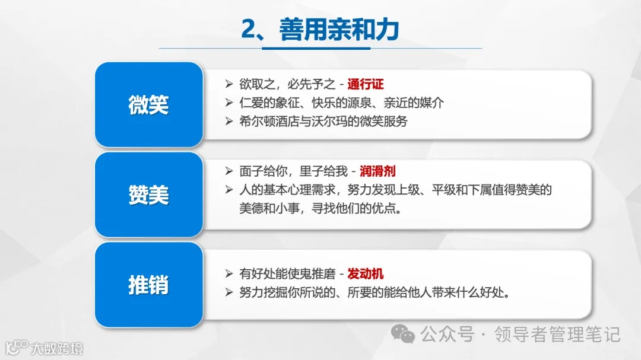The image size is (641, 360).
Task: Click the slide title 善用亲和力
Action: (339, 30)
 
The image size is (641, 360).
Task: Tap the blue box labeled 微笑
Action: (148, 105)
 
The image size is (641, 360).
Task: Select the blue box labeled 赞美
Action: (148, 195)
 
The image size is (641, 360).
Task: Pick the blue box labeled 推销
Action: (148, 285)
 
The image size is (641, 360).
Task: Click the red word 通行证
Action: (366, 84)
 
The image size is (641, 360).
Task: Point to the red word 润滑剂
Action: (377, 172)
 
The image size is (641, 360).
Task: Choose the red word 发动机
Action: (366, 274)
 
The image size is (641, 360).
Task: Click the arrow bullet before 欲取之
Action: (229, 84)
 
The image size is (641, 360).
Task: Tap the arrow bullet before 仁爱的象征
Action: (229, 103)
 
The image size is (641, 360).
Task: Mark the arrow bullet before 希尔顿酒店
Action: (229, 121)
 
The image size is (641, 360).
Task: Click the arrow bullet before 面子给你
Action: (229, 172)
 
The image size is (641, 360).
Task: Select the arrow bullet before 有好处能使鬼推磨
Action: (229, 274)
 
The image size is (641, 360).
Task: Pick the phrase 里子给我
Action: (324, 172)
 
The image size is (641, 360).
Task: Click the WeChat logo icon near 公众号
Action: (407, 335)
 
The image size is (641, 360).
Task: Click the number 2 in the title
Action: (249, 30)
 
